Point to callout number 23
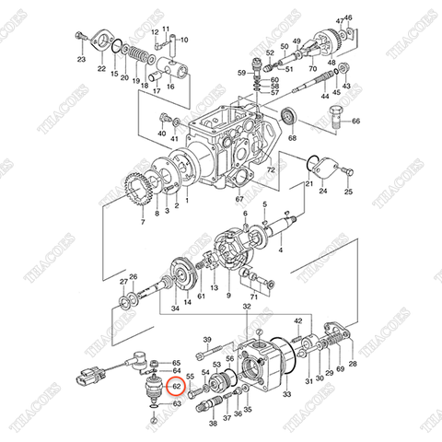coord(81,60)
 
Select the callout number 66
coord(357,122)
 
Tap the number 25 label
coord(349,192)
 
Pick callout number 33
coord(287,394)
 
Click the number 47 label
coord(340,19)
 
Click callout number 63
coord(177,403)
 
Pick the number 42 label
coord(298,320)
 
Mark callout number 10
coord(183,40)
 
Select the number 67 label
coord(239,199)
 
